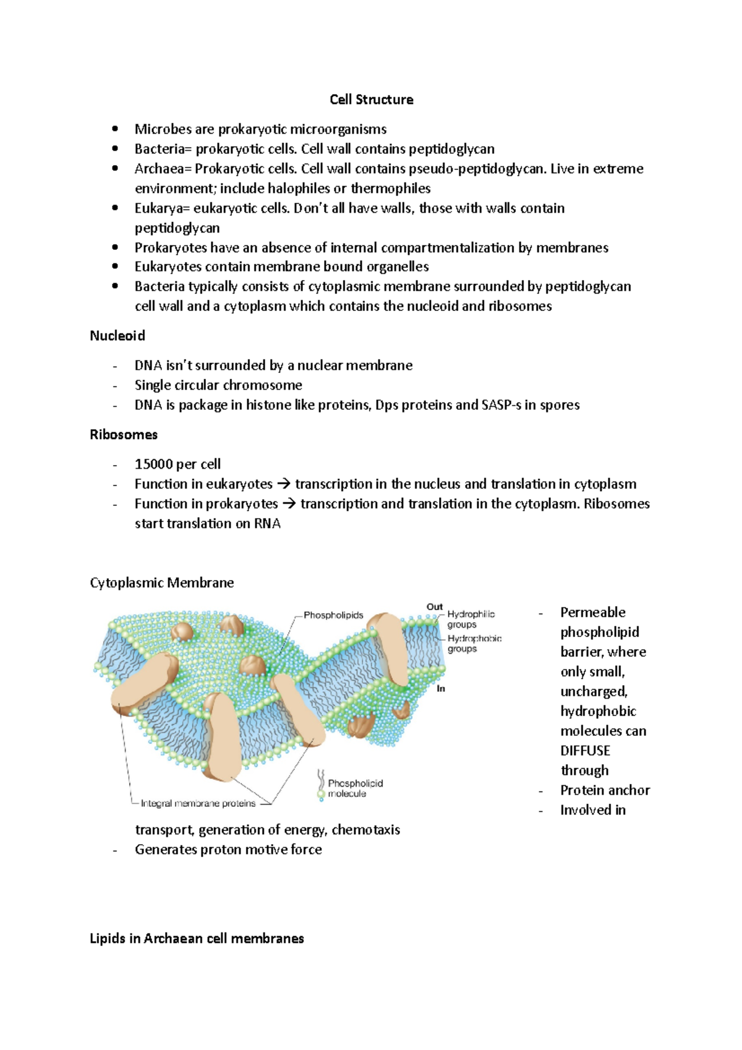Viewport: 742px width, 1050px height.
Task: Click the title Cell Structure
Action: point(371,100)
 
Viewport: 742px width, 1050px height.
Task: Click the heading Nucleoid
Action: point(117,336)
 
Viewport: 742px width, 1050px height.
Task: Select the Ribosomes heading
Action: point(124,435)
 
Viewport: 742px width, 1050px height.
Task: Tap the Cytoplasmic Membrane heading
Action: point(161,583)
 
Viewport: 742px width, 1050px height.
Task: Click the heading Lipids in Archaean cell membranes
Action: point(197,938)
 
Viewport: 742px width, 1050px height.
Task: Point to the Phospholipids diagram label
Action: point(333,615)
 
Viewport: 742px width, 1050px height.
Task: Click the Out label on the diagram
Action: point(434,607)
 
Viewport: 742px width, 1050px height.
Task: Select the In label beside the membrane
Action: point(441,688)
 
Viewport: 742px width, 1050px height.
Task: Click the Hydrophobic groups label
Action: point(474,643)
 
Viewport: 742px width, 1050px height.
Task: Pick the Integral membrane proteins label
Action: point(198,803)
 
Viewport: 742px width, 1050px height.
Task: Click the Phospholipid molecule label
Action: point(355,788)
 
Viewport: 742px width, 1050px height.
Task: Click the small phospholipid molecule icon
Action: point(321,785)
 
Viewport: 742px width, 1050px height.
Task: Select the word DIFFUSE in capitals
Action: point(585,751)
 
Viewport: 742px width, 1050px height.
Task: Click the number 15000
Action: point(154,464)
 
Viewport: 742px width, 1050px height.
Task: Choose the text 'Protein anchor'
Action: point(605,790)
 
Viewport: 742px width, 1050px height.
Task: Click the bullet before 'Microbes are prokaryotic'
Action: point(115,129)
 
